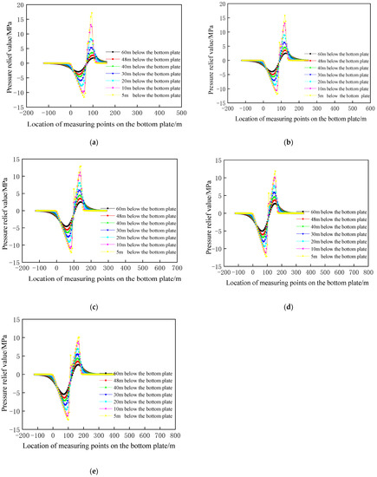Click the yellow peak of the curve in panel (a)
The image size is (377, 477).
pyautogui.click(x=92, y=13)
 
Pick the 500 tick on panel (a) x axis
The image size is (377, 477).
pyautogui.click(x=179, y=112)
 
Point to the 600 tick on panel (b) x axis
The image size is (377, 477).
pyautogui.click(x=367, y=113)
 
